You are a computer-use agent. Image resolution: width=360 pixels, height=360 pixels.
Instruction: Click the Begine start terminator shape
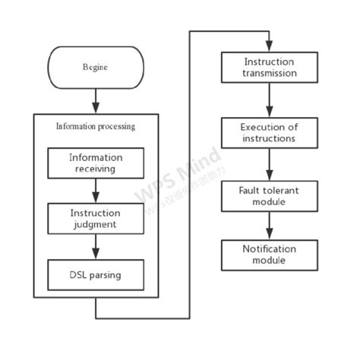click(95, 67)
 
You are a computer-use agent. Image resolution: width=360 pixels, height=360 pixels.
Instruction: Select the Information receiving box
click(95, 163)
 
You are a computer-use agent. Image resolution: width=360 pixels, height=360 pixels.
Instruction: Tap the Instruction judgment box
click(95, 219)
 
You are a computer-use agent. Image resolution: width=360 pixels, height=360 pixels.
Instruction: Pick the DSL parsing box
click(95, 275)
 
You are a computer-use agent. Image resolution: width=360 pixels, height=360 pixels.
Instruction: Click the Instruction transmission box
click(269, 68)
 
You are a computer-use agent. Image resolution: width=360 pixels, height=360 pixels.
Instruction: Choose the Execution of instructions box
click(269, 133)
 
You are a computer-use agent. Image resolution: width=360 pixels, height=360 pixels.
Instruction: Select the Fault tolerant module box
click(269, 197)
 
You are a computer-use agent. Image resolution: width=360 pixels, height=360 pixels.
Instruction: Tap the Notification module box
click(269, 254)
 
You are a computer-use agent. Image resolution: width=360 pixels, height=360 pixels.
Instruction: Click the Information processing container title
click(96, 126)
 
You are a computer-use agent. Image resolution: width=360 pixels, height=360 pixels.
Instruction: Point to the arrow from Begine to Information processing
click(95, 100)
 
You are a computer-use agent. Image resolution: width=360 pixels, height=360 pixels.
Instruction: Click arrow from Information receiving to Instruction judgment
click(95, 191)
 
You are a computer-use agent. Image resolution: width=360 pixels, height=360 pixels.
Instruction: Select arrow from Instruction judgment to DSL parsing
click(95, 247)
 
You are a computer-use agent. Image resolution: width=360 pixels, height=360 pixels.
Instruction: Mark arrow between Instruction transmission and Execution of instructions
click(269, 99)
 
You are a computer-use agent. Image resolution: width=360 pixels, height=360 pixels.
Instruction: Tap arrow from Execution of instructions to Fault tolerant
click(269, 165)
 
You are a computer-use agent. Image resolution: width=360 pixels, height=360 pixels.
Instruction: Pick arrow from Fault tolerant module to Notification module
click(269, 226)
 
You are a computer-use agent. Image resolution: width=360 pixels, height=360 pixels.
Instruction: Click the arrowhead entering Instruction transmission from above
click(269, 47)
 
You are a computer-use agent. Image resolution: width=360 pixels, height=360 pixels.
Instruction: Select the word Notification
click(269, 249)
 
